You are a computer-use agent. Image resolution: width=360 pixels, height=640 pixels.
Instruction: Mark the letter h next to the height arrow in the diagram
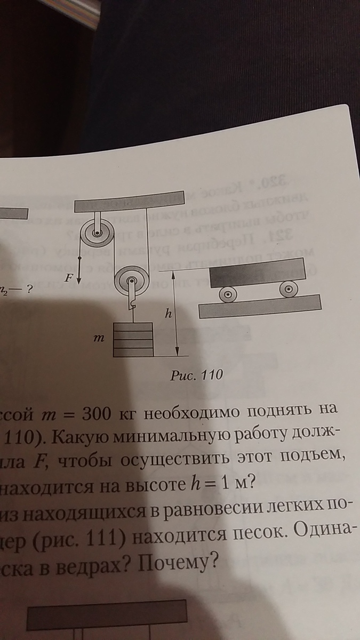167,314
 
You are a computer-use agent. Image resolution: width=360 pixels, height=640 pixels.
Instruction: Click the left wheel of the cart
228,292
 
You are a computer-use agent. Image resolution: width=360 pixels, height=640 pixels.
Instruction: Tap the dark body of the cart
256,273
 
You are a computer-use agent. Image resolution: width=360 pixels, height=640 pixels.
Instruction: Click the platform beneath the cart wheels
260,307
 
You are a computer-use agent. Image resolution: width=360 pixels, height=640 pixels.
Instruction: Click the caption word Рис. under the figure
183,375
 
